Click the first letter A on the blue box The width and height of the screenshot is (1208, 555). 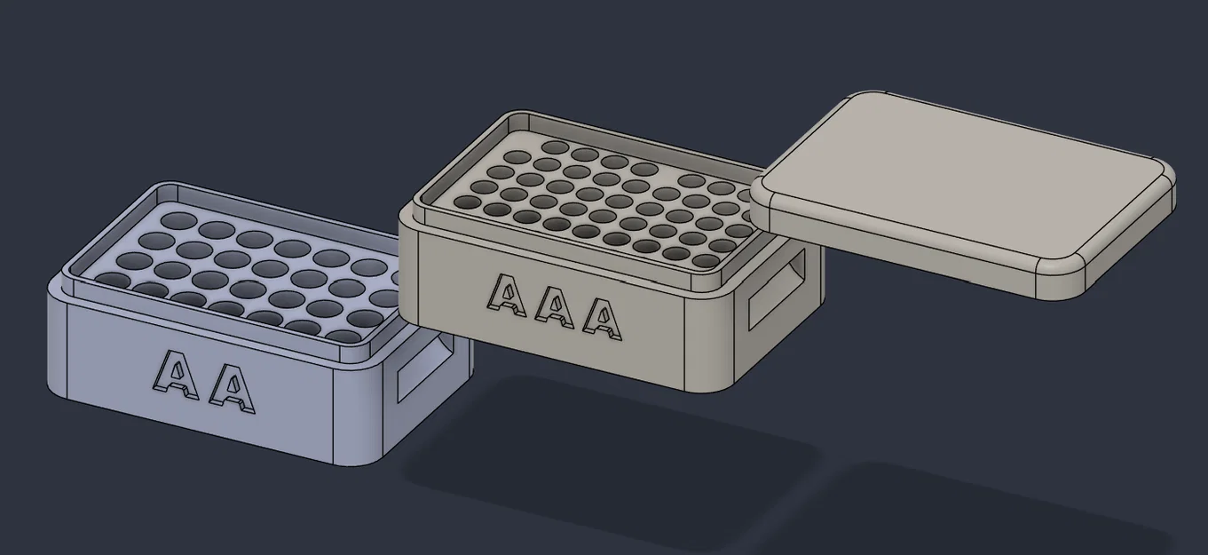177,375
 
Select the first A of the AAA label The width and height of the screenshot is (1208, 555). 507,296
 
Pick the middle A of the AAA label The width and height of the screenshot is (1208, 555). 555,306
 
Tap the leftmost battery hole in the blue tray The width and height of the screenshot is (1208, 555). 114,280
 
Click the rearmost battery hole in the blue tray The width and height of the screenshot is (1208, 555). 179,220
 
